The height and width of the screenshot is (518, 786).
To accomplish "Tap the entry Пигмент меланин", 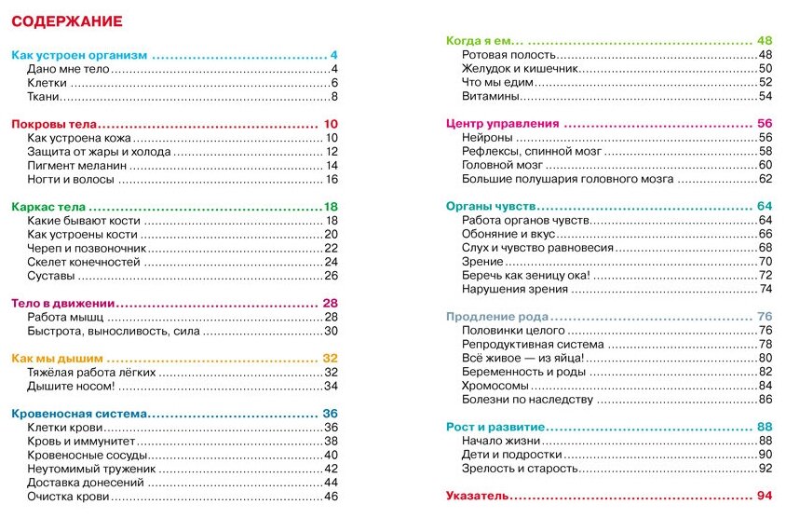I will click(76, 166).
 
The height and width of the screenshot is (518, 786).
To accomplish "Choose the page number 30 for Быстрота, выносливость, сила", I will click(330, 331).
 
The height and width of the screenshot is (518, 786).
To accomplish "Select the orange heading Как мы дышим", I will click(57, 358).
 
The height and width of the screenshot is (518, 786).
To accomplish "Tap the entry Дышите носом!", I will click(72, 386).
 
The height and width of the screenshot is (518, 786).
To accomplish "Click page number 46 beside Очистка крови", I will click(330, 497).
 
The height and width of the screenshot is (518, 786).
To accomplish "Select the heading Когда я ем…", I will click(484, 41).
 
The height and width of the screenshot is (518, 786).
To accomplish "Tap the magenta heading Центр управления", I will click(502, 123).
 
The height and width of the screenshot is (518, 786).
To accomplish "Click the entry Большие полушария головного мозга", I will click(567, 179).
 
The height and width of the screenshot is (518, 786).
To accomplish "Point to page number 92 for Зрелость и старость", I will click(766, 469).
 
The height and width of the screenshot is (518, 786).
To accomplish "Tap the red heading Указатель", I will click(476, 495).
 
